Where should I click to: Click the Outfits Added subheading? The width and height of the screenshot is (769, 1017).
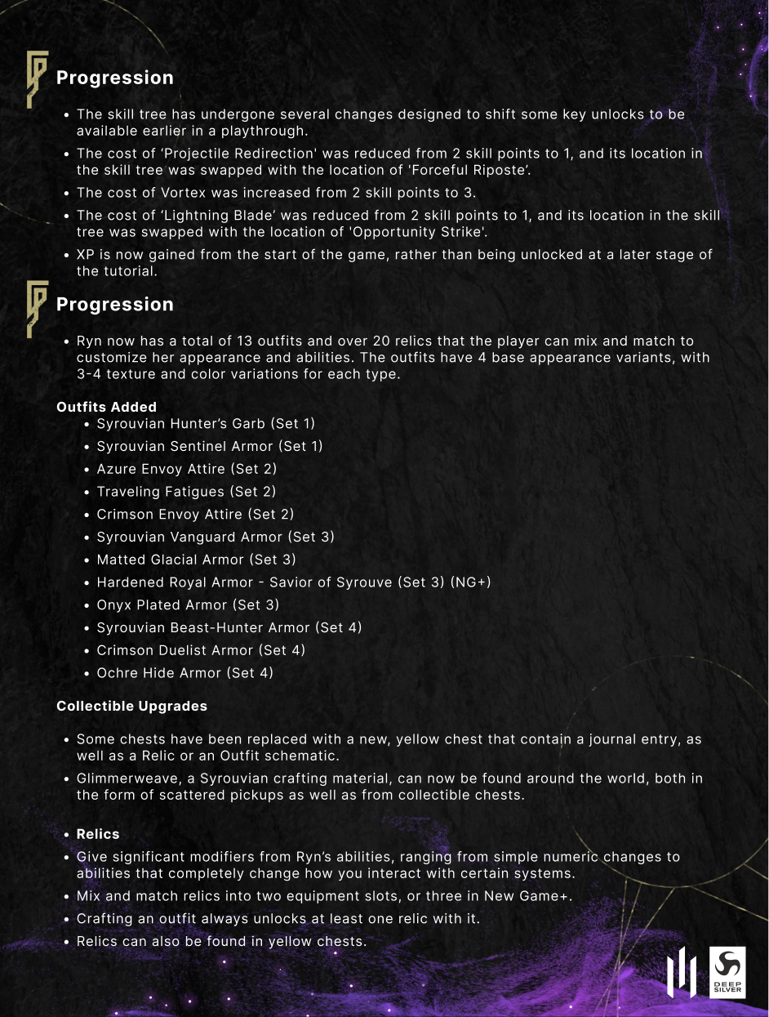click(x=106, y=407)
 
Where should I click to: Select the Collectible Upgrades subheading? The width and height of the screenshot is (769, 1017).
click(x=131, y=706)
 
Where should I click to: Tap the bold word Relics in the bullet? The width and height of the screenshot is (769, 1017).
click(x=98, y=834)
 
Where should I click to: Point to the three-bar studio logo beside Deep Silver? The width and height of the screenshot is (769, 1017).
click(x=682, y=973)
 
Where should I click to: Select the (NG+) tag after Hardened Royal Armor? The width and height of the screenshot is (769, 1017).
click(x=470, y=582)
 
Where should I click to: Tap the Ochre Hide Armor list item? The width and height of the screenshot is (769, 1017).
click(x=184, y=673)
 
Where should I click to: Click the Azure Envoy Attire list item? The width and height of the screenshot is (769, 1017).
click(x=187, y=469)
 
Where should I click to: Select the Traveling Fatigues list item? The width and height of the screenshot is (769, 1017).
click(x=186, y=492)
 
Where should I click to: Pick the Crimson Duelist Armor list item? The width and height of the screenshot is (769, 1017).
click(x=201, y=650)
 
